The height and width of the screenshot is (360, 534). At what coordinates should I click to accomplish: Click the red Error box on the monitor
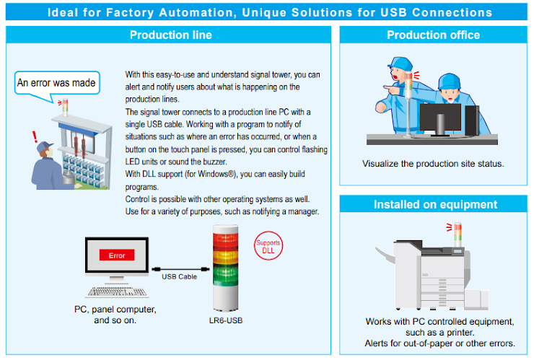117,255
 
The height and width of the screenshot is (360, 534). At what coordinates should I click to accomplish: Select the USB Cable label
179,276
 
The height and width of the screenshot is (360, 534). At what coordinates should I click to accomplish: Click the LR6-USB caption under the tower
226,320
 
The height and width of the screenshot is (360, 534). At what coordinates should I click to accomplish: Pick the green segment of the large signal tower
225,275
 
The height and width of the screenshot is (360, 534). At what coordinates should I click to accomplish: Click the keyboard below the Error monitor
117,292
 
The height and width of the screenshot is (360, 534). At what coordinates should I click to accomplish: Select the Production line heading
170,35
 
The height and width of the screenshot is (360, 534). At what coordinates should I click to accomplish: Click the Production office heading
433,35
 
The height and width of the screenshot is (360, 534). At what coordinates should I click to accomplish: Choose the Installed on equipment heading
435,204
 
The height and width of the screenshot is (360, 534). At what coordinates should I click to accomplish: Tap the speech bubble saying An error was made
57,83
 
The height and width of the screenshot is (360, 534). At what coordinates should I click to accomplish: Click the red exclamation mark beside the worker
35,137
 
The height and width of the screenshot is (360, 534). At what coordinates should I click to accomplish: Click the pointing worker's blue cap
400,63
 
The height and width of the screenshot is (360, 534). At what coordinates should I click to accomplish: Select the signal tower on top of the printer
458,234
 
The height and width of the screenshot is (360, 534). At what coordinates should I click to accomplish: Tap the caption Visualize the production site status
433,164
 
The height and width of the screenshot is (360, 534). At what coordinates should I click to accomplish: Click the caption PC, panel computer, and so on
115,315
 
